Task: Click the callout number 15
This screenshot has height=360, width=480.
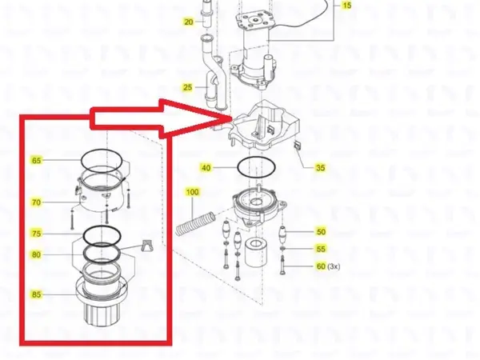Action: pos(346,6)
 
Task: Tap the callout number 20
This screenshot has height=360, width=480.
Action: pos(189,22)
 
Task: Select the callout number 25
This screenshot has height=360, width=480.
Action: pos(189,86)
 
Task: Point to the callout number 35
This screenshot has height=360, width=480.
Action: pos(320,168)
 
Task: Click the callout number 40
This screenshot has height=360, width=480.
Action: pos(206,168)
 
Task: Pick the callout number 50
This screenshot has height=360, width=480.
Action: pos(321,232)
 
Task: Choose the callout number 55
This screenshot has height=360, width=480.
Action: pos(321,250)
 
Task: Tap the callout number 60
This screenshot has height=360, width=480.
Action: pos(321,266)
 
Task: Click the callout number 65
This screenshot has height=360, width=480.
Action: pos(36,161)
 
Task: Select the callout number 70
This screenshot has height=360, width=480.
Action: pos(36,202)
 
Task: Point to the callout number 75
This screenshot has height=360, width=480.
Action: pos(36,234)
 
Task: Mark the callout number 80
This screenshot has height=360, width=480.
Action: pos(36,255)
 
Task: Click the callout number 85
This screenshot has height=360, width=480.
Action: pos(36,294)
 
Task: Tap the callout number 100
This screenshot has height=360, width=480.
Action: pos(192,193)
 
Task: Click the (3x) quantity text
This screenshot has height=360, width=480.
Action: pos(336,266)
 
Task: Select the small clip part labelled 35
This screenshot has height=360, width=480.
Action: pos(297,145)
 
